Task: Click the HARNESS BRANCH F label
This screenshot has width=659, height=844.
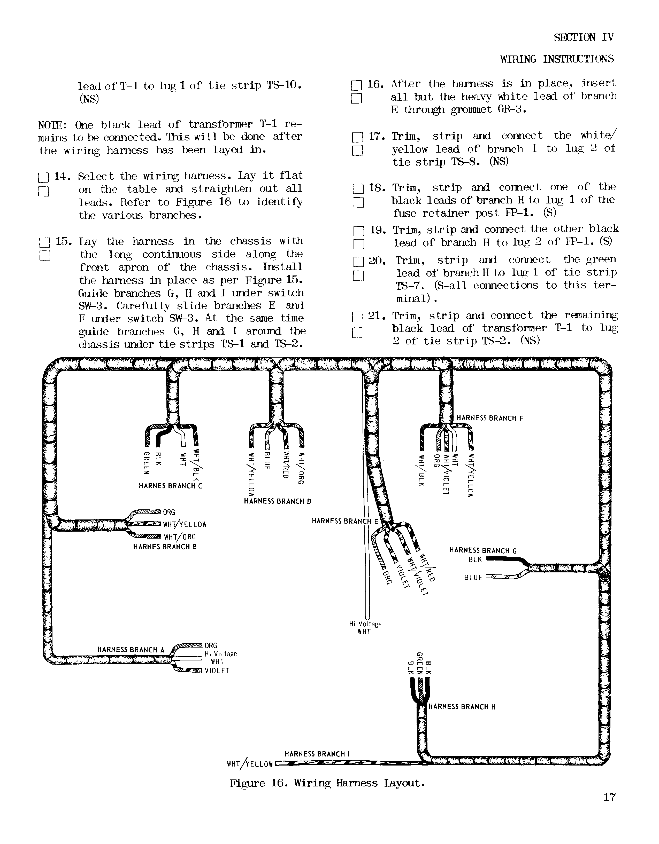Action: pyautogui.click(x=490, y=418)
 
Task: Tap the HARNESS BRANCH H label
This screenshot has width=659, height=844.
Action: pyautogui.click(x=462, y=707)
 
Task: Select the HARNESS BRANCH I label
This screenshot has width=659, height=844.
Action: pyautogui.click(x=317, y=754)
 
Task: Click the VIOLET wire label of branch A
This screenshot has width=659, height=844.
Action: pyautogui.click(x=217, y=671)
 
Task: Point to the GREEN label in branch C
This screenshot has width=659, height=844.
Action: pyautogui.click(x=147, y=462)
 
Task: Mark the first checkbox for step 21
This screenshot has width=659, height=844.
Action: pyautogui.click(x=358, y=317)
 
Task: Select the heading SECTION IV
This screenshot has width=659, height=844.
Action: pyautogui.click(x=584, y=37)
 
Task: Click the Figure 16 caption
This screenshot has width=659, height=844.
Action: pyautogui.click(x=327, y=783)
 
